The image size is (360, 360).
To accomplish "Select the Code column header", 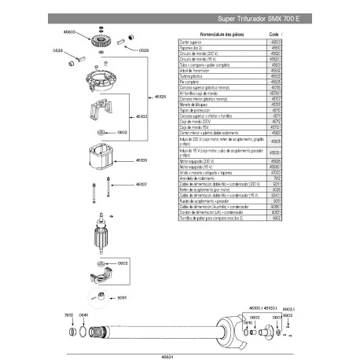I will tap(274, 35).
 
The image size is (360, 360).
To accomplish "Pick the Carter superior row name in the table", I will tap(192, 41).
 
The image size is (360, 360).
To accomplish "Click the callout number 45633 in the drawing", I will tap(69, 33).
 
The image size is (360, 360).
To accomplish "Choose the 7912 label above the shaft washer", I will tap(68, 314).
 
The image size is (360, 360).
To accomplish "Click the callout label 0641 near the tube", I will tap(83, 314).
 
